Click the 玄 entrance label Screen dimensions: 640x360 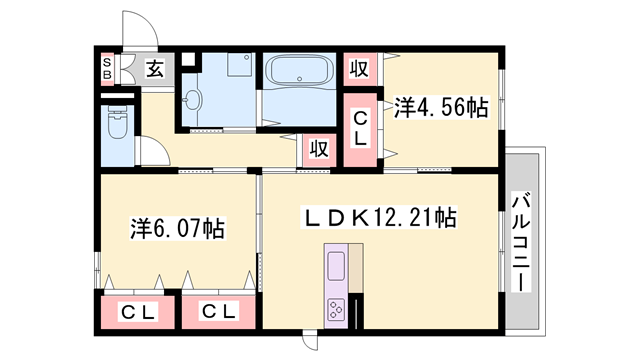(155, 69)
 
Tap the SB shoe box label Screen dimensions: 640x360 (107, 69)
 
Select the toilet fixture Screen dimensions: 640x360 (118, 122)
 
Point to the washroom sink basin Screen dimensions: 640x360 (192, 99)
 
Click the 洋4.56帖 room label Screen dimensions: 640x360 (441, 108)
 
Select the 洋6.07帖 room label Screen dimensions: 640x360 (178, 228)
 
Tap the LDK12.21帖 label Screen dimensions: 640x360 (378, 217)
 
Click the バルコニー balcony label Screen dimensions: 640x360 (521, 243)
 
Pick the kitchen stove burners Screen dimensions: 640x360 (336, 309)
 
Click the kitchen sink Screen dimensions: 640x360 (336, 266)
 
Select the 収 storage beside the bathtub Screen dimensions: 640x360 (360, 68)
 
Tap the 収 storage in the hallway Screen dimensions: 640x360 (319, 149)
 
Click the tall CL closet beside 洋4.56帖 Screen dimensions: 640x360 (360, 130)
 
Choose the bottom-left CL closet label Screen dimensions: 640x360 (138, 313)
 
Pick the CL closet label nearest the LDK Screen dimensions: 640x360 (219, 312)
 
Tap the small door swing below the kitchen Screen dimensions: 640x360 (310, 343)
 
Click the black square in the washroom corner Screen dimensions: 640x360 (188, 59)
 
